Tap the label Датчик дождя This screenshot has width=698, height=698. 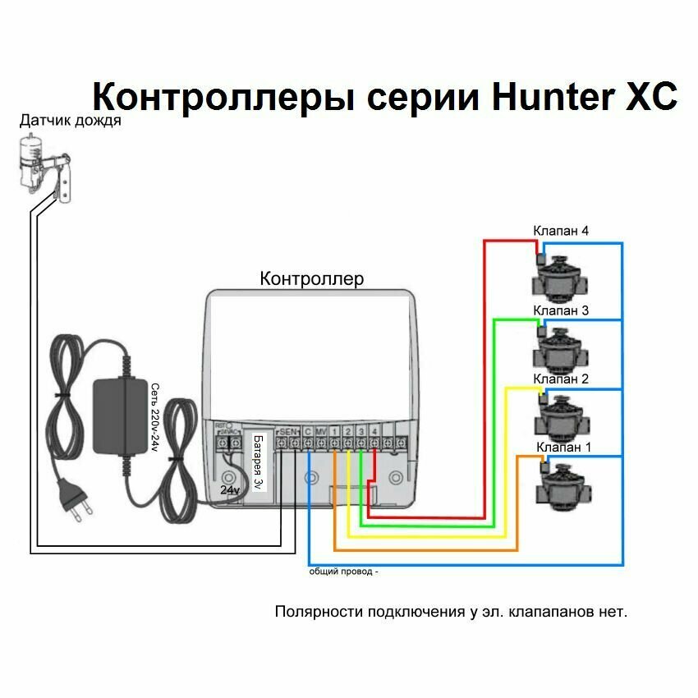[x=71, y=122]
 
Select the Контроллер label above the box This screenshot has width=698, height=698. [x=311, y=279]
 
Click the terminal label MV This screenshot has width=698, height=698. [x=321, y=432]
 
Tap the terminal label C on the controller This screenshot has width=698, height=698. [x=307, y=432]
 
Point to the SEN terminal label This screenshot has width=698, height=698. [x=288, y=432]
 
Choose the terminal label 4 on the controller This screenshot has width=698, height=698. [x=374, y=432]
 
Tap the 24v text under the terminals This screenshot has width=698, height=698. [x=229, y=489]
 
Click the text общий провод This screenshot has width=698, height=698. [x=343, y=572]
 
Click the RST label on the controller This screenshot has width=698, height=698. [x=220, y=426]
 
